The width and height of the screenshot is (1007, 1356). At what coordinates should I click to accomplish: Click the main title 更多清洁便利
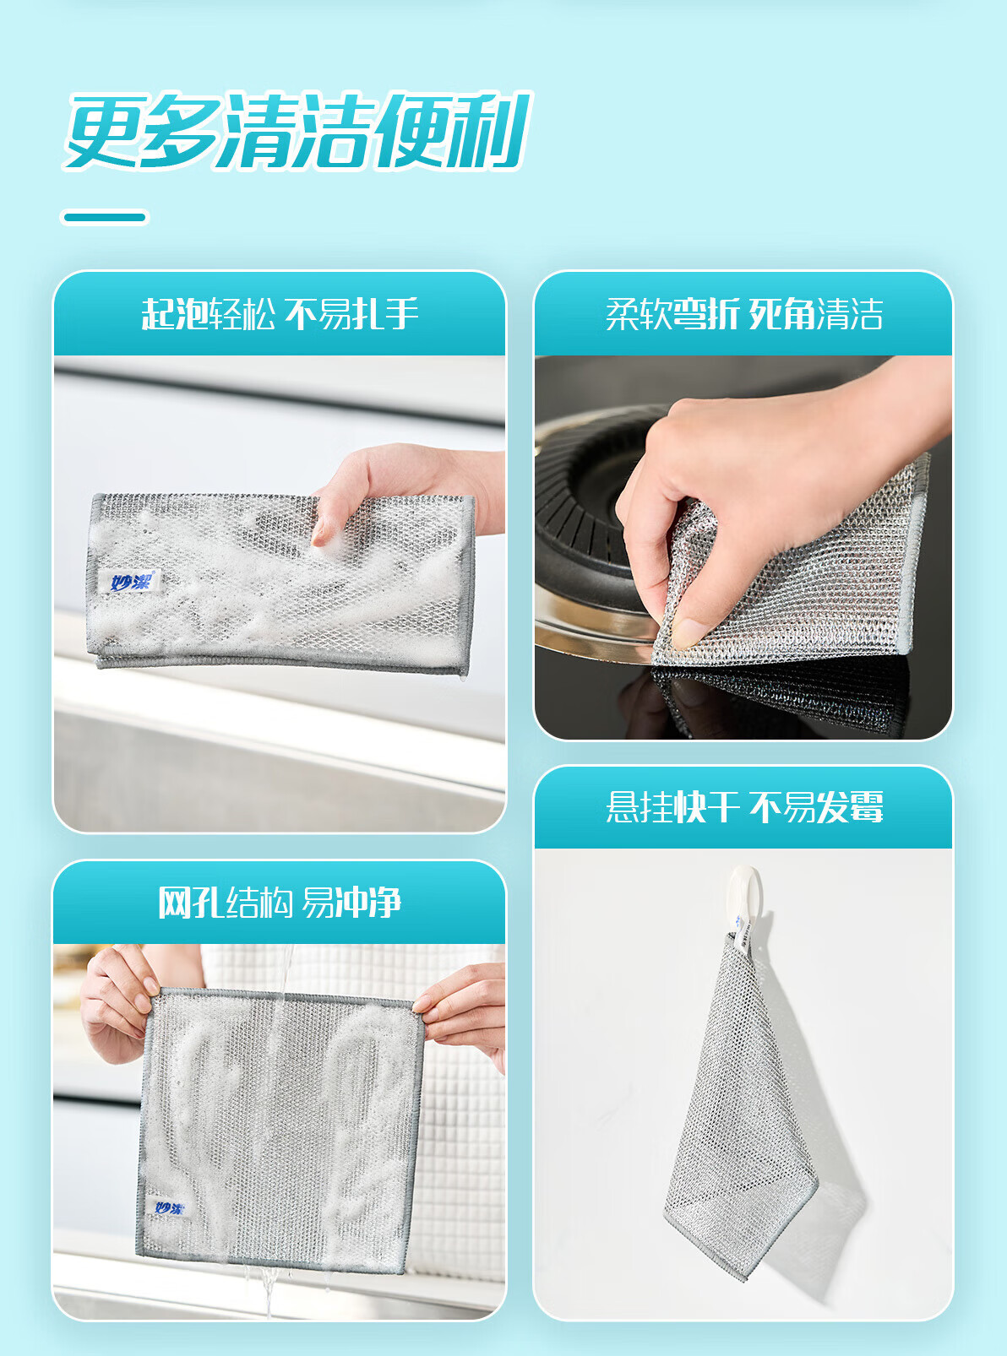297,130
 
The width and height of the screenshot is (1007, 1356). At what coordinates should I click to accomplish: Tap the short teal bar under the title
105,217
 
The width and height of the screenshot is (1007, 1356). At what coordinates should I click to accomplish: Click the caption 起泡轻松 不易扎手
280,314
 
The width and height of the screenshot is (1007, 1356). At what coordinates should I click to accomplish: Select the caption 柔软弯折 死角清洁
744,314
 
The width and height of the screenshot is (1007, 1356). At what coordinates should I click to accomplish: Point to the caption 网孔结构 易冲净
280,903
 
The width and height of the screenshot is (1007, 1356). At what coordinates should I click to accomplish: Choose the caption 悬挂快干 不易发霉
744,807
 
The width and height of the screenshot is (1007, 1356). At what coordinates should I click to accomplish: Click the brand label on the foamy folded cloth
130,582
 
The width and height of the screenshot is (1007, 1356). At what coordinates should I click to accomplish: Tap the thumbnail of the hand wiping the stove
743,547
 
